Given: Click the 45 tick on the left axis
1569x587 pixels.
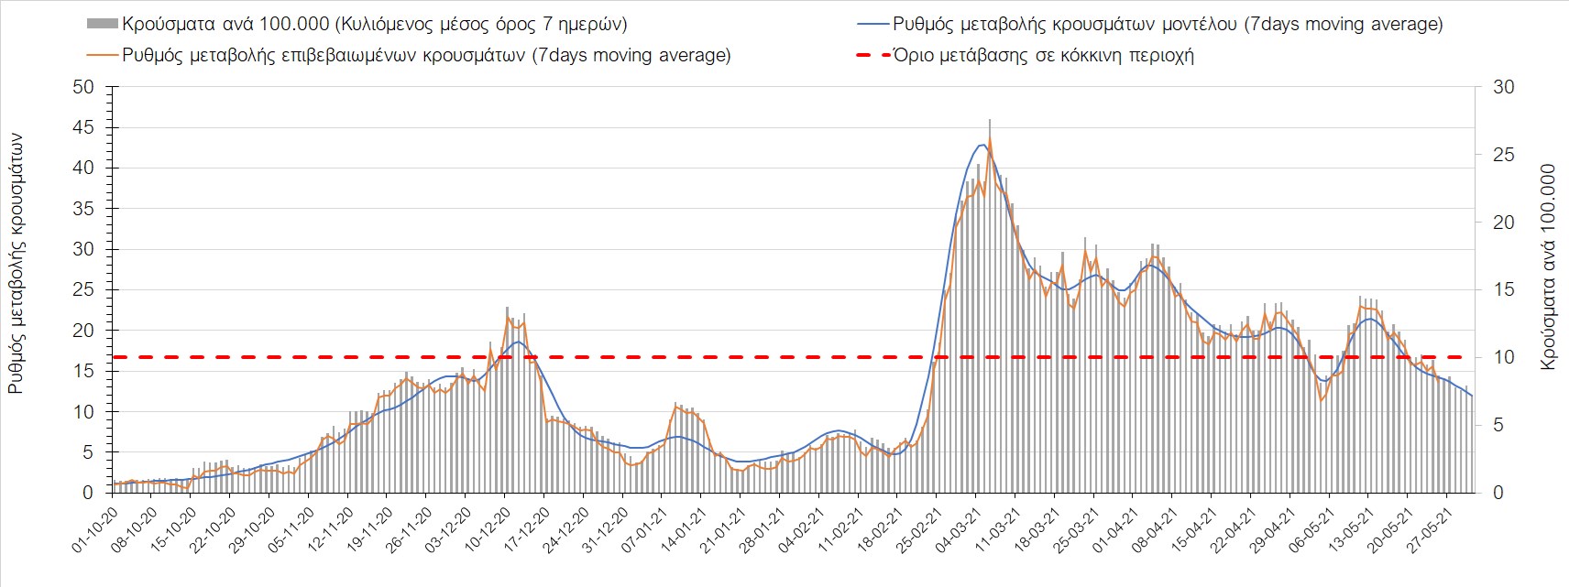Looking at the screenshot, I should click(84, 128).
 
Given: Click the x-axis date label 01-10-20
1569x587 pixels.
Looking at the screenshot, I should click(95, 529).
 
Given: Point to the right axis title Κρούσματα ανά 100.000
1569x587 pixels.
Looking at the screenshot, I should click(1549, 267).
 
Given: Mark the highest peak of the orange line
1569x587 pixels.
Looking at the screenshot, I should click(990, 139).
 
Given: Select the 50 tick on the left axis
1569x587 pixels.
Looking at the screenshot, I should click(84, 88).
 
